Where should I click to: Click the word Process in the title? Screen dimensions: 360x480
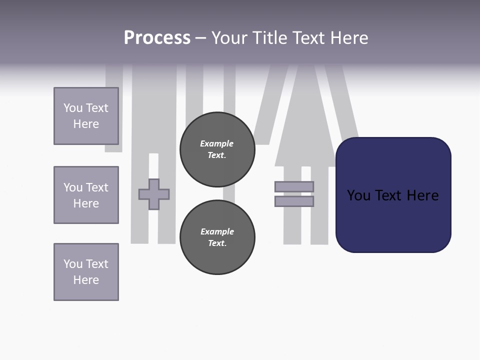point(157,38)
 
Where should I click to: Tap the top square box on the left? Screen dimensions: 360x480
point(86,116)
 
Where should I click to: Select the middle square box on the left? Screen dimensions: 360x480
point(86,195)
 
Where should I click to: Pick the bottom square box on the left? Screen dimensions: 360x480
point(86,272)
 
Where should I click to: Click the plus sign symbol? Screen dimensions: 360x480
point(154,194)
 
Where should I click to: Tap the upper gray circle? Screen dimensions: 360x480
point(217,149)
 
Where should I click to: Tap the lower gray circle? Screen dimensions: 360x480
point(217,237)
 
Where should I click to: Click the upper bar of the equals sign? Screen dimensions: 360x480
point(294,186)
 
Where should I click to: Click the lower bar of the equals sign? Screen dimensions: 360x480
point(294,201)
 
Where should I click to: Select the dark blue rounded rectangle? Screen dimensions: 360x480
point(393,220)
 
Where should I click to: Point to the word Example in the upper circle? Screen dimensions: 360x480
point(217,143)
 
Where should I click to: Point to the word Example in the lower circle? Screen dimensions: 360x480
point(217,231)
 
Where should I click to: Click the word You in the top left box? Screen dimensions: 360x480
point(73,108)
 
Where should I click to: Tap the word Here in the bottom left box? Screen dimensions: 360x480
point(86,280)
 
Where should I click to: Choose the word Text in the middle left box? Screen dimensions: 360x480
point(97,187)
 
